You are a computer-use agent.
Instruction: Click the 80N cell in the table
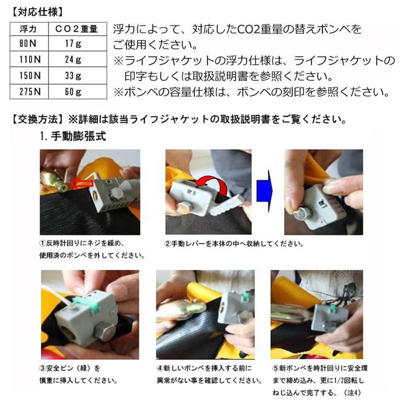click(29, 44)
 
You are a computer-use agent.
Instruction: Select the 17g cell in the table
click(78, 44)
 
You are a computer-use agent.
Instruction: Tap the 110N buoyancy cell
click(29, 59)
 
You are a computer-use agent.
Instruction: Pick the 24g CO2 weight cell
click(78, 59)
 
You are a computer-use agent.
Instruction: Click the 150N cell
click(29, 76)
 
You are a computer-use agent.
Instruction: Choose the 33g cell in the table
click(78, 76)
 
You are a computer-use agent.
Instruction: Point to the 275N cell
click(29, 92)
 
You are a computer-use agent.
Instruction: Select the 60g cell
click(78, 92)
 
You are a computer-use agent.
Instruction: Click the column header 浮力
click(28, 29)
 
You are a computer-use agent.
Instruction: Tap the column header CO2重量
click(77, 29)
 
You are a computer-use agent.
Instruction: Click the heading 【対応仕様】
click(37, 12)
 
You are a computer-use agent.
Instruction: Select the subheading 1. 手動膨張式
click(73, 136)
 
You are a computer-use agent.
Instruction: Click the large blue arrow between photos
click(264, 190)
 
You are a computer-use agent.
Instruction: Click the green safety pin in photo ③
click(85, 304)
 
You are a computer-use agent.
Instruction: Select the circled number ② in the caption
click(167, 244)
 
